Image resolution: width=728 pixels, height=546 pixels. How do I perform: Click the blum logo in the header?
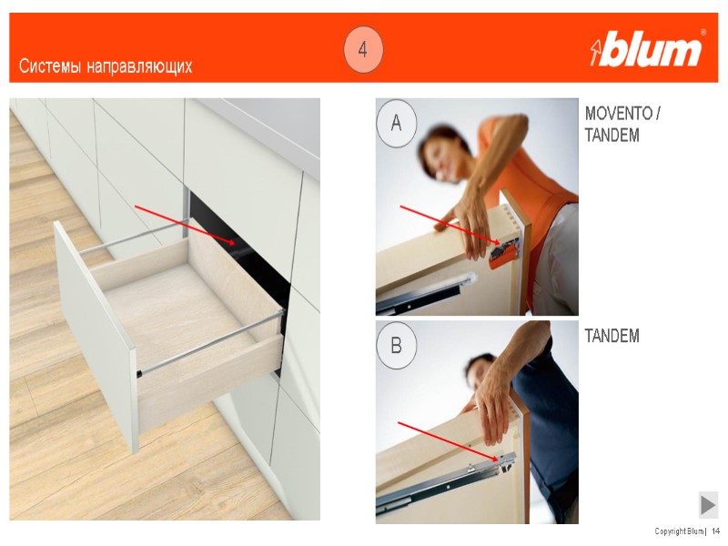coord(648,49)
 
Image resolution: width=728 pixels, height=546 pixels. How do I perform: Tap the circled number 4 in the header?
coord(363,49)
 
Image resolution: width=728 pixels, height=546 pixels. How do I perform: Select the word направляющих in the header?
coord(139,66)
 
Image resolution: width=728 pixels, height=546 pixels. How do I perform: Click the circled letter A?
coord(396,123)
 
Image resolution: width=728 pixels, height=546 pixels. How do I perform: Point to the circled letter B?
coord(396,346)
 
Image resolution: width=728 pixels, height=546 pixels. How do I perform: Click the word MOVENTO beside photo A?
coord(619,113)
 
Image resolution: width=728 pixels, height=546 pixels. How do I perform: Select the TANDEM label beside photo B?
coord(612,336)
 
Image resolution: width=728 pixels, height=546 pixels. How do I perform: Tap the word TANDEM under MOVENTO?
coord(612,135)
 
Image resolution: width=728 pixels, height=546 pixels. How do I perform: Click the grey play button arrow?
coord(708,505)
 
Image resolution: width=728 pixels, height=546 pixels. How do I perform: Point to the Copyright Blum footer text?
coord(679,531)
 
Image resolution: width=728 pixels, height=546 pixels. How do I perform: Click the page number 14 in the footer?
coord(715,531)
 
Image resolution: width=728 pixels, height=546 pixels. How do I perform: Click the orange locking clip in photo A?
coord(503,255)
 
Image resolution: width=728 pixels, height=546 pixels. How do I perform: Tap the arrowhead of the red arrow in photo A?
coord(498,242)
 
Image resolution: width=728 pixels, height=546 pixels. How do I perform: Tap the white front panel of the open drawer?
coord(96,334)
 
